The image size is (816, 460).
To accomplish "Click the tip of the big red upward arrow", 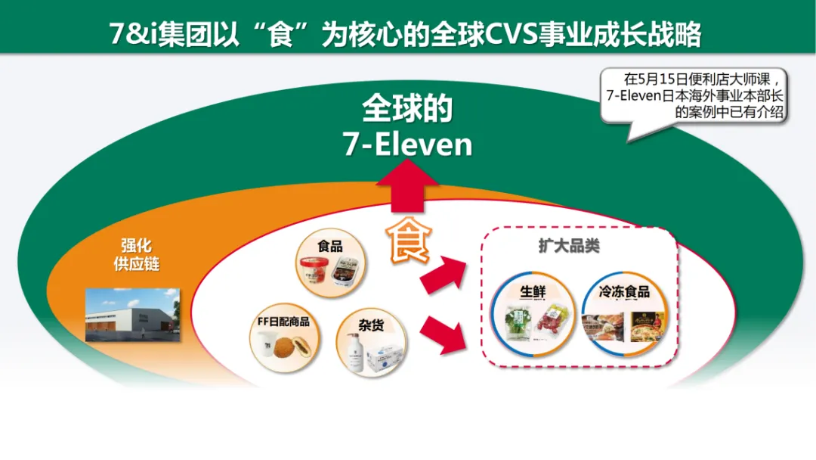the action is tap(407, 160).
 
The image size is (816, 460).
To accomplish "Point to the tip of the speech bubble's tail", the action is tap(628, 141).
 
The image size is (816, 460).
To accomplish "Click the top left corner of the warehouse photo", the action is tap(85, 288).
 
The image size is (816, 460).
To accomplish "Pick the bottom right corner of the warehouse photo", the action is tap(180, 342).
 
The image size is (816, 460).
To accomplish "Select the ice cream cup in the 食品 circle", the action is tap(315, 271).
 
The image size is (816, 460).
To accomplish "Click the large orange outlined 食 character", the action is tap(409, 240).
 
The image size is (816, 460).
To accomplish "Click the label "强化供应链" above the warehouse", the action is tap(136, 255).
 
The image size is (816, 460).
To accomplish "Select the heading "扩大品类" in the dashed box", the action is tap(569, 245).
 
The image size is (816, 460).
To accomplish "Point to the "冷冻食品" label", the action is tap(624, 291).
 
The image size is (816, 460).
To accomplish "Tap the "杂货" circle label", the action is tap(371, 325).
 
